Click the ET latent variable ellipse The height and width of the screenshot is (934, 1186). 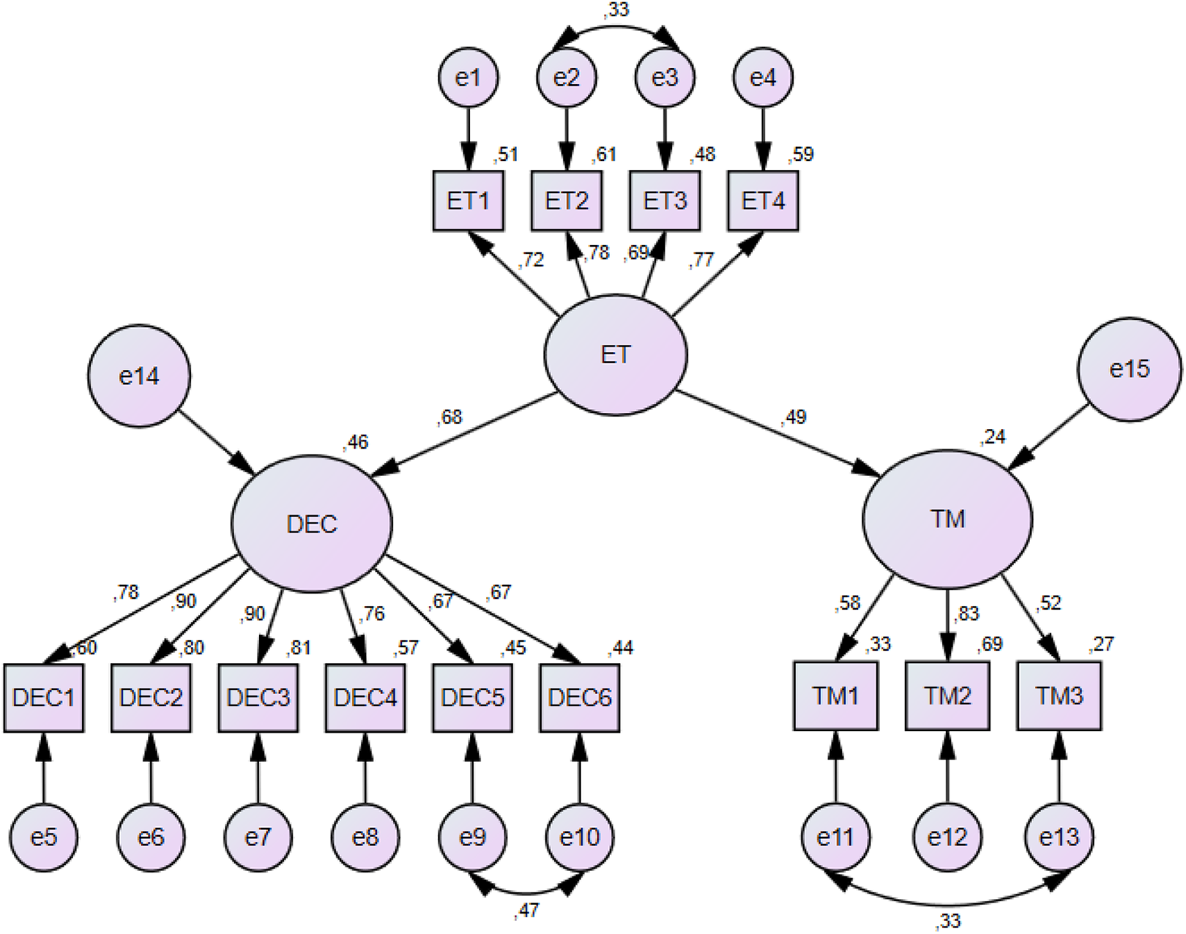616,354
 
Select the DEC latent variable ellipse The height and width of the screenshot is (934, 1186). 312,523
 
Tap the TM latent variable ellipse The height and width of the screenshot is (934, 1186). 947,519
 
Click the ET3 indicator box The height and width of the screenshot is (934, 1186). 665,201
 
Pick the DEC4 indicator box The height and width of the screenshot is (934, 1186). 365,698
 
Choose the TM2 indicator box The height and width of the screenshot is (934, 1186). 947,696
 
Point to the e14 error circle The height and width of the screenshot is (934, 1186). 139,376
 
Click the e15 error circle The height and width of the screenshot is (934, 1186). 1129,369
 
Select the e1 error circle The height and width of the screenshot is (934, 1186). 469,78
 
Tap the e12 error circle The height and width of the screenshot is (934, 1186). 947,837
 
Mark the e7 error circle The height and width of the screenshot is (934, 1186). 258,837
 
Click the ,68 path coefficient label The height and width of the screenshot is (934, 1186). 450,417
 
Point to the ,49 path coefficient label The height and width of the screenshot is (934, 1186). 794,417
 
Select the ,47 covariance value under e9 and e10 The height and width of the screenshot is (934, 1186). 526,911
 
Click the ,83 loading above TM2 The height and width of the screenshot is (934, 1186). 966,613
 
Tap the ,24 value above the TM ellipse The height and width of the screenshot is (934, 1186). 993,437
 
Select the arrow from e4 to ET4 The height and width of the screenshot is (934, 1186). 763,139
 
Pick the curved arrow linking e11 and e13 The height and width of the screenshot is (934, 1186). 947,905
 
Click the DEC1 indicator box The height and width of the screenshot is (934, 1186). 43,698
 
